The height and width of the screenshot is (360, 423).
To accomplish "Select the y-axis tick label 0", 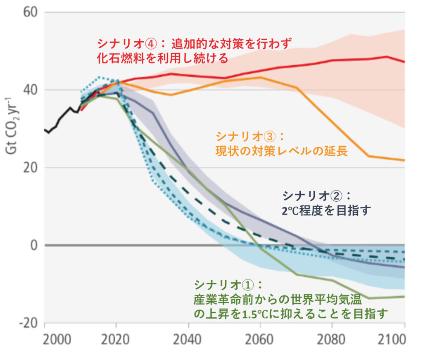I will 34,246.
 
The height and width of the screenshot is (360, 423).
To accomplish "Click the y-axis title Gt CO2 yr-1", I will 10,126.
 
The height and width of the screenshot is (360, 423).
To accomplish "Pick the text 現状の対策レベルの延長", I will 281,150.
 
